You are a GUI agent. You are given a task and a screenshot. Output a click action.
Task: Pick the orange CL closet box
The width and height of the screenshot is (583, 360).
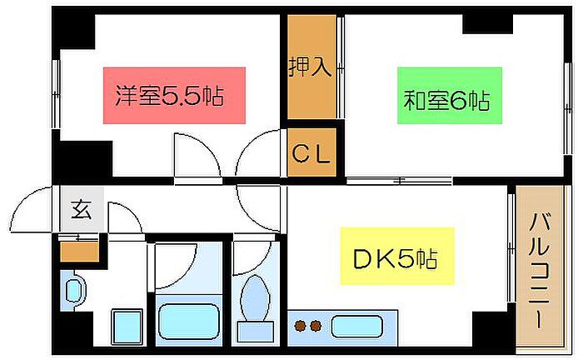(x=311, y=152)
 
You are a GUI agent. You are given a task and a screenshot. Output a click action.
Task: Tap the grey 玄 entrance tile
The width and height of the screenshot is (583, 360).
(x=81, y=211)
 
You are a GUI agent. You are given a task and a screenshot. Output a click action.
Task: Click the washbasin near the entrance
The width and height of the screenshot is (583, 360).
(x=72, y=291)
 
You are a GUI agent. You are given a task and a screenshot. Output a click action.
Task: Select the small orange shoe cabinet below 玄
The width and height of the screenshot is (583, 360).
(x=79, y=250)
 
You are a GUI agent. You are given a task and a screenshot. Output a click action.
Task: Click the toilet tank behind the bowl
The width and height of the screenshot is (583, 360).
(x=253, y=332)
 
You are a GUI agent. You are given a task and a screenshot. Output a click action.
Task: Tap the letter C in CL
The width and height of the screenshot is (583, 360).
(x=301, y=153)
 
